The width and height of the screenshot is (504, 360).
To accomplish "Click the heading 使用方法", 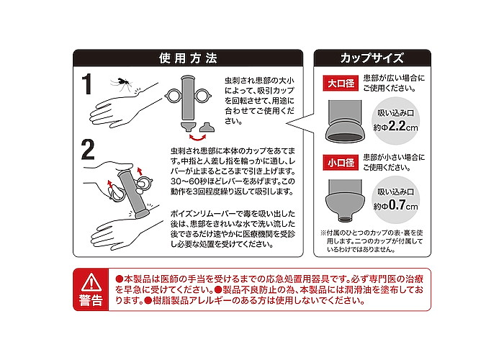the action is coord(188,58).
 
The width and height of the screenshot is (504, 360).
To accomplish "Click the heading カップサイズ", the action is coord(372,58).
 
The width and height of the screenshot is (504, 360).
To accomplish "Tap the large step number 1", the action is coord(87,84).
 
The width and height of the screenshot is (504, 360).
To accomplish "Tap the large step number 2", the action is coord(88,149).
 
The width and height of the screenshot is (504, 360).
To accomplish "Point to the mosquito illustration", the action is coord(121,84).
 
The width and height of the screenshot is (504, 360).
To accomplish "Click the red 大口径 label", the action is coord(341,84).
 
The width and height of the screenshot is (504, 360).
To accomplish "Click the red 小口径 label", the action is coord(341,163).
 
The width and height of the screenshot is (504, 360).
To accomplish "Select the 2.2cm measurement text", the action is coord(403,127).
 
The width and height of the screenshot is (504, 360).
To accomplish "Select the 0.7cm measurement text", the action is coord(403,205).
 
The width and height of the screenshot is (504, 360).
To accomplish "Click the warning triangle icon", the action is coord(91,282).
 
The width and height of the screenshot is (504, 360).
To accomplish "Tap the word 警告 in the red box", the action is coord(91,300).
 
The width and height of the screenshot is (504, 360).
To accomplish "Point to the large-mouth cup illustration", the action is coord(345,121).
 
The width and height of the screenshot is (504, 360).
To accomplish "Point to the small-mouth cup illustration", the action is coord(345,200).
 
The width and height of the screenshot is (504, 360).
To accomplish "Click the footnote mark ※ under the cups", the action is coord(323,233).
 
